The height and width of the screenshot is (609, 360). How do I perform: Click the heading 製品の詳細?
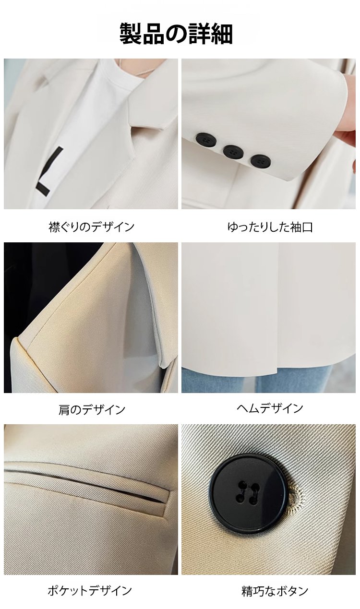coord(176,34)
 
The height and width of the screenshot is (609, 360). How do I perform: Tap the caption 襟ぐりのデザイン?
coord(92,227)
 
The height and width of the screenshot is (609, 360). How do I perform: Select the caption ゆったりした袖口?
coord(270,227)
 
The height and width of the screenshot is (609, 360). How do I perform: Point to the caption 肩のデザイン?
coord(92,410)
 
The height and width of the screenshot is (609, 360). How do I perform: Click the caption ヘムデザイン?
coord(270,408)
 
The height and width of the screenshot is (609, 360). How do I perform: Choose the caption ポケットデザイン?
coord(90,590)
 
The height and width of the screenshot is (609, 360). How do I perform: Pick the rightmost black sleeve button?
coord(261,162)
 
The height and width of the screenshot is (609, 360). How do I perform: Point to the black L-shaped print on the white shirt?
coord(49,171)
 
